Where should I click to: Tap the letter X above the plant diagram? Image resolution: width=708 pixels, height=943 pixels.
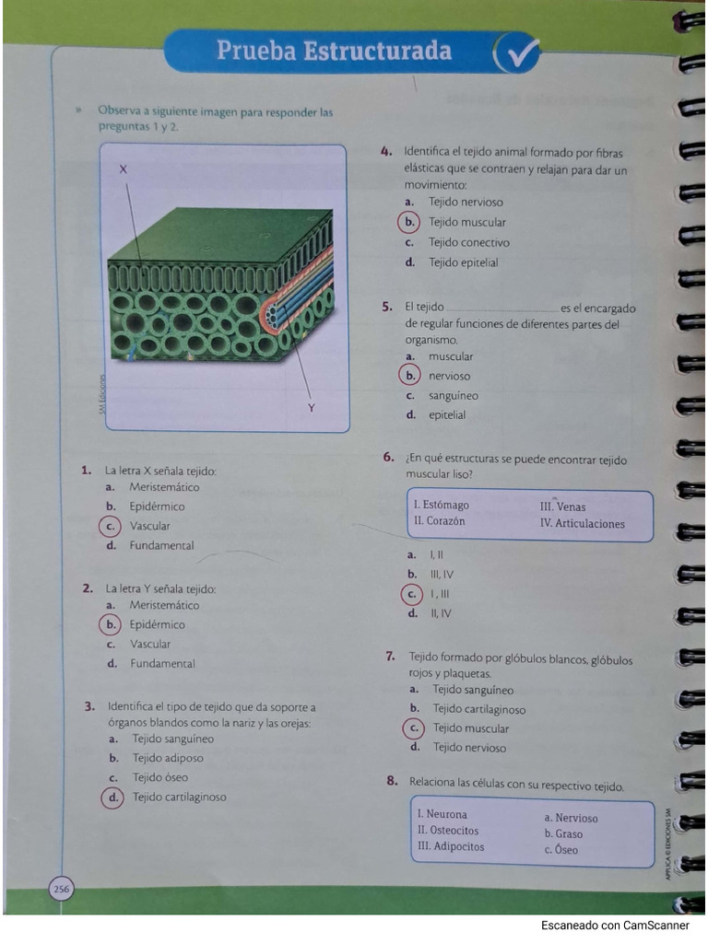124,169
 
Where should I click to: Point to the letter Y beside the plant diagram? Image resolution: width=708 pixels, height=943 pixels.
312,407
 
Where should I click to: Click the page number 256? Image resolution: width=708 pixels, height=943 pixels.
61,889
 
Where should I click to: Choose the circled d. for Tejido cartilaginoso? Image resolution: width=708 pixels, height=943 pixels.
113,797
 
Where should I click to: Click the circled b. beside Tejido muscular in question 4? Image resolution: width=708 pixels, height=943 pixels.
409,222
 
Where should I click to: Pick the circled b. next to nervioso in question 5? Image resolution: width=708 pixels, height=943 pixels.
409,376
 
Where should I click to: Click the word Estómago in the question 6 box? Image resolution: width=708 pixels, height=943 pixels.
446,505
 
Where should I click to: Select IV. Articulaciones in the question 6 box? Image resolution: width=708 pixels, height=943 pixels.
582,524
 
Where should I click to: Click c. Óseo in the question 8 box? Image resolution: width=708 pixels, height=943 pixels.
560,850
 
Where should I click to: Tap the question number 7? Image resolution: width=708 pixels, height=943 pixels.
391,658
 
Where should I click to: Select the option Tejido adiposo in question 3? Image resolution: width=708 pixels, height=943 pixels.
168,758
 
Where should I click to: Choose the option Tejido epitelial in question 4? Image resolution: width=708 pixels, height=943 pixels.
463,262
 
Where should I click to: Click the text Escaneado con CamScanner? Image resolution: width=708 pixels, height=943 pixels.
615,925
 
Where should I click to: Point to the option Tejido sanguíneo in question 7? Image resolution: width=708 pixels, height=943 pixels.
473,690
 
